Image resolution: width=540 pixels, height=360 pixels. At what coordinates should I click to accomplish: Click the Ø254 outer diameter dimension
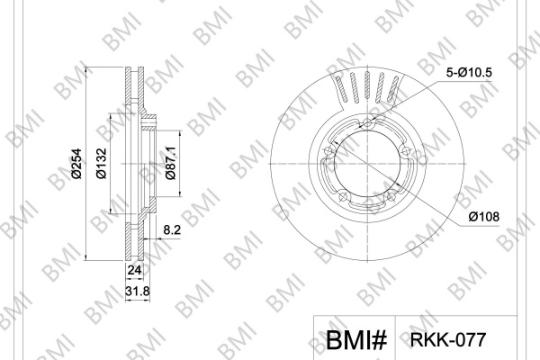click(76, 164)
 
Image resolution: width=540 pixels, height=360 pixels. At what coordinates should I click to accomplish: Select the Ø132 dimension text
click(102, 164)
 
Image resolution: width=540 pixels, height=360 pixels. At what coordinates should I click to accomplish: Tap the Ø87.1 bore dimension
click(170, 163)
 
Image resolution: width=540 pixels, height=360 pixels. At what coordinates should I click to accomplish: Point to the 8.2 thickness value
click(172, 229)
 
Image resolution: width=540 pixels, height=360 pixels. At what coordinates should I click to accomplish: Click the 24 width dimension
click(134, 270)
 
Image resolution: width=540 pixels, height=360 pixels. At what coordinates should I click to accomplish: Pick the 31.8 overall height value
click(138, 292)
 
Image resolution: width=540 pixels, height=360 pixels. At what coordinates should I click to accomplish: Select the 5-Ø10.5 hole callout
click(470, 73)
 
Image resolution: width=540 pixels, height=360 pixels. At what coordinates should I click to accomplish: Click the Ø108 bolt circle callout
click(483, 217)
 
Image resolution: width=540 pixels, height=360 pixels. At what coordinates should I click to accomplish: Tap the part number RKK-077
click(447, 339)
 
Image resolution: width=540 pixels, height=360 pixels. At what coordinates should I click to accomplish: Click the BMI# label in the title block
click(356, 340)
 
